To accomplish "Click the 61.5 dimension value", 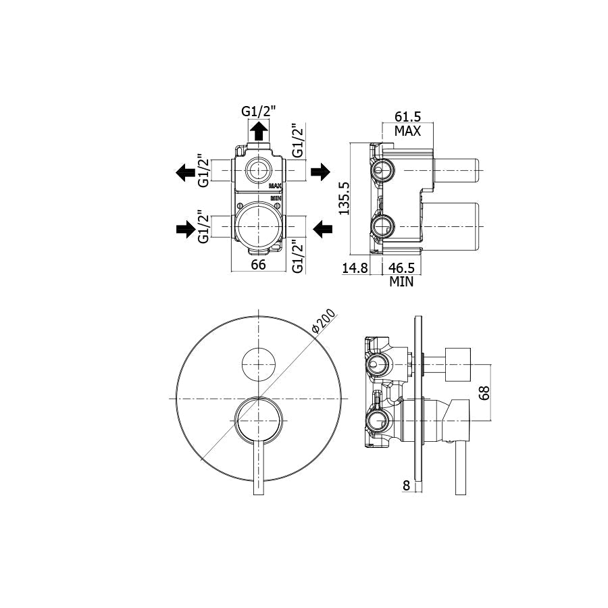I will pos(408,117).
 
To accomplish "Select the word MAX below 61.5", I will pos(408,131).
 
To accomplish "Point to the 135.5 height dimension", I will pos(344,198).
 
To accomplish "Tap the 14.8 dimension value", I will pos(355,268).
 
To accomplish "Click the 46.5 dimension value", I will pos(401,268).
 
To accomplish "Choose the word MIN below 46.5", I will pos(401,282).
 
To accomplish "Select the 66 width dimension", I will pos(258,265).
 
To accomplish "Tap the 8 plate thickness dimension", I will pos(405,484).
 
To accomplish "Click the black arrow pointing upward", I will pos(258,131).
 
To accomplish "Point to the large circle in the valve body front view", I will pos(258,225).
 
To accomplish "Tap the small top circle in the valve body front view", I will pos(258,170).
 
